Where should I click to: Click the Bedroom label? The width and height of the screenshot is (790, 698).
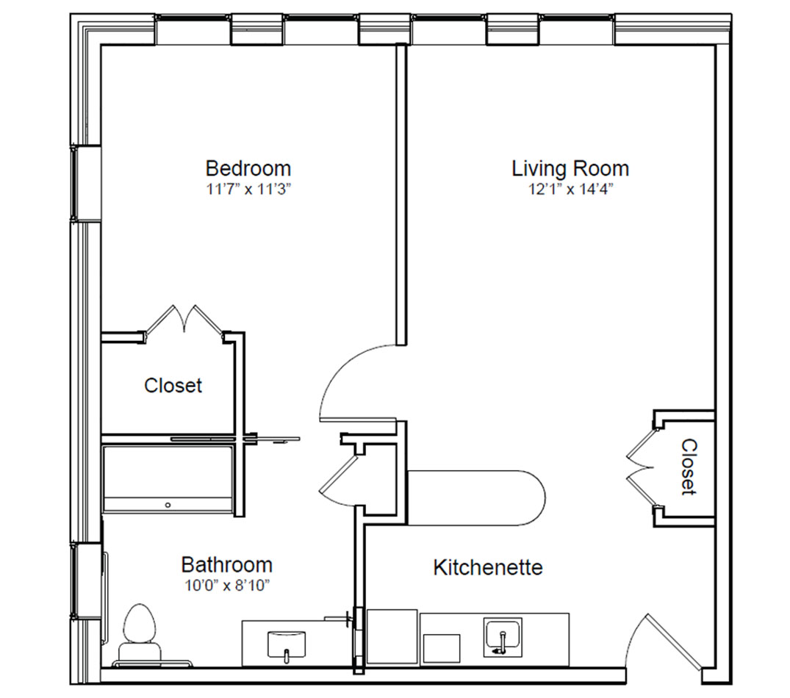point(248,168)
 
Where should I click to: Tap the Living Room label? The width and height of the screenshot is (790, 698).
point(570,168)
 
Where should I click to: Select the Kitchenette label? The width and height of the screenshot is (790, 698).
point(488,567)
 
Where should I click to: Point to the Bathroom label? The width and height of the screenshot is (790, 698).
point(227,564)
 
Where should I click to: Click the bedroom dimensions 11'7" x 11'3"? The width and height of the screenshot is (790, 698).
point(249,190)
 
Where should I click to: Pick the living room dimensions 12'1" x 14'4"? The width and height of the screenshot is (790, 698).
point(570,190)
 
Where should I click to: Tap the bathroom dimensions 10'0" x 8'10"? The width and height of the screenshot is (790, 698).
point(227,586)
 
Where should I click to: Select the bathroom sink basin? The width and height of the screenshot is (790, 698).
point(286,644)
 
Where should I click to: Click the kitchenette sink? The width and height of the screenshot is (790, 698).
point(503,638)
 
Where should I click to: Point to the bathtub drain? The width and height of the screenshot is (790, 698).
point(168,505)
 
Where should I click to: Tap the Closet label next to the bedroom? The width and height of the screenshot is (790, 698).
point(173,386)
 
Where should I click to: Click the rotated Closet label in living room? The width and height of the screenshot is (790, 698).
point(689,467)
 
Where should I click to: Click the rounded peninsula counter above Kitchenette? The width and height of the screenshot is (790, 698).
point(475,498)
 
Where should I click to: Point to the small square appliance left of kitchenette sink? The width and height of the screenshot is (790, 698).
point(442,648)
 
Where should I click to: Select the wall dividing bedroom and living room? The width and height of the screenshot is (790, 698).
point(401,195)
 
